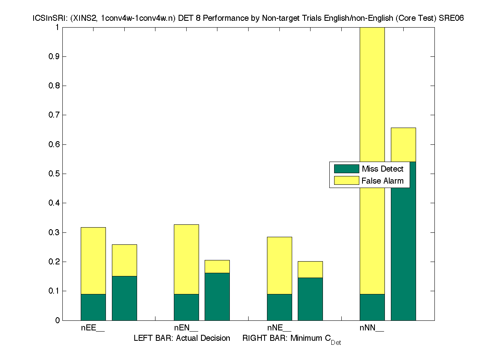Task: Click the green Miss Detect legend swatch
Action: tap(347, 169)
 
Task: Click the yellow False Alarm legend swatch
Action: tap(347, 181)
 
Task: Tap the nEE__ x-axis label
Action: tap(93, 328)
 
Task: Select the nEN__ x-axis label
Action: tap(186, 328)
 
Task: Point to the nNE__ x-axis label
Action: tap(279, 328)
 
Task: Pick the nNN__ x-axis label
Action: tap(372, 328)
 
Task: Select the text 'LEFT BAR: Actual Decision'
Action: tap(182, 338)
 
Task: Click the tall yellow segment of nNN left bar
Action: tap(372, 100)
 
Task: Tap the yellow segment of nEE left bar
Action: tap(93, 260)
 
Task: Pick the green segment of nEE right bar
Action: tap(124, 298)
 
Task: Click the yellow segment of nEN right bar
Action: tap(217, 266)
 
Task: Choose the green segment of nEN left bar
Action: tap(186, 307)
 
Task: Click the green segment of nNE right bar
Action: tap(310, 299)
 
